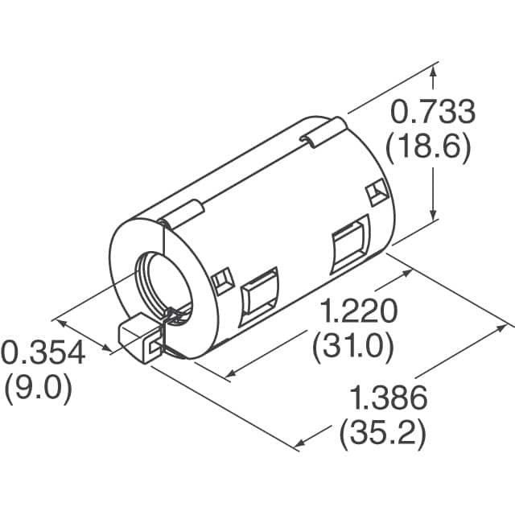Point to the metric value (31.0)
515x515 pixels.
click(x=352, y=348)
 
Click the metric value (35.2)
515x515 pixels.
click(x=382, y=434)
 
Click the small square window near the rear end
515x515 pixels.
click(x=374, y=193)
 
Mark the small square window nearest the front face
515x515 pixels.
click(x=220, y=281)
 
